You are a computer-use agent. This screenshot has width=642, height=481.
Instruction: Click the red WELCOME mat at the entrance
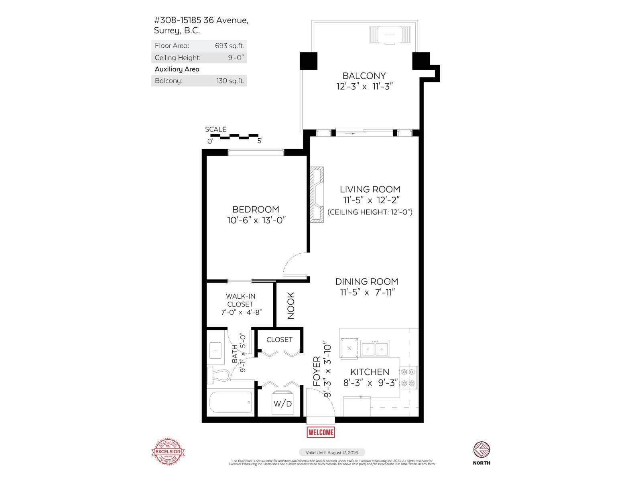(321, 432)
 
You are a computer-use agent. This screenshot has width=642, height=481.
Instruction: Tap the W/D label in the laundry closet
(282, 403)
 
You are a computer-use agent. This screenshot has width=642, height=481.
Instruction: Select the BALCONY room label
(364, 76)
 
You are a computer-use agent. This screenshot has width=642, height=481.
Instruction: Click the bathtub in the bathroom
(231, 402)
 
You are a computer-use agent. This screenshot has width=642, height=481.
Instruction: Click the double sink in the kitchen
(375, 349)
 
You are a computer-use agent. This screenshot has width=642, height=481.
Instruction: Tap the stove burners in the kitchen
(408, 377)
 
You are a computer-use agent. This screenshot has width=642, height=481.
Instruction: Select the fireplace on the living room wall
(317, 194)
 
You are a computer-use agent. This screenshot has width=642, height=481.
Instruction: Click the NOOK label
(291, 305)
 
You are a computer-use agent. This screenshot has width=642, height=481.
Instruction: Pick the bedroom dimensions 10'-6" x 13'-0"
(256, 220)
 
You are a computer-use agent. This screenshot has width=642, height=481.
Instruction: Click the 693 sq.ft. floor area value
(230, 46)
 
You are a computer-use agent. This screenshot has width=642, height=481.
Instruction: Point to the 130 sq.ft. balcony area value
(230, 81)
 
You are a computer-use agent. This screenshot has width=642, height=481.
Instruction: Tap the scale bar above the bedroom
(234, 136)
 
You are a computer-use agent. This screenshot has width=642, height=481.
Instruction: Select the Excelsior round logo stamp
(168, 452)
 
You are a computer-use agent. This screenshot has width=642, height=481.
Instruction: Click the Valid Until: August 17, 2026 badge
(332, 452)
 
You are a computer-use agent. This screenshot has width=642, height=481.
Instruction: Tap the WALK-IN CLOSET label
(241, 300)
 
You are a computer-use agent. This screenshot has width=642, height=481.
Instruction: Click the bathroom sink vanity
(216, 351)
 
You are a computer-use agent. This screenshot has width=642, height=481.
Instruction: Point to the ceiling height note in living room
(370, 212)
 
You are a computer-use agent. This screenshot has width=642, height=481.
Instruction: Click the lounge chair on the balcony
(390, 34)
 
